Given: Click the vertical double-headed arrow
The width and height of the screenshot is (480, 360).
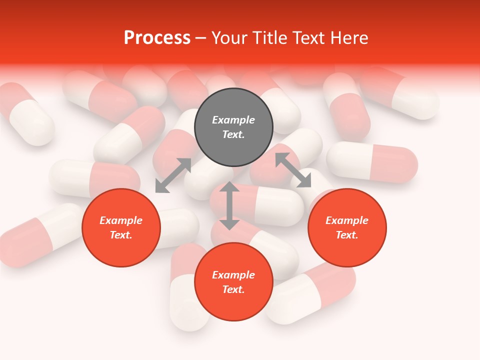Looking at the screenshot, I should click(229, 205).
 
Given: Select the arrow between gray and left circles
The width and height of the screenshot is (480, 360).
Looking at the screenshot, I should click(173, 175).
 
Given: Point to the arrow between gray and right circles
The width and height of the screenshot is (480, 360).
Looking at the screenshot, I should click(293, 170).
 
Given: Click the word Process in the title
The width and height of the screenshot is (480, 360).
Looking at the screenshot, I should click(157, 38).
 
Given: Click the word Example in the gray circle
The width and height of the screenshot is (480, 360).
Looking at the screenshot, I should click(233, 120).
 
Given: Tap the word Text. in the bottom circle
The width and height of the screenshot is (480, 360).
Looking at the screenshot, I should click(233, 289).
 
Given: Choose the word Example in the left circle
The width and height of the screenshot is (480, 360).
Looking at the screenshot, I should click(121, 220).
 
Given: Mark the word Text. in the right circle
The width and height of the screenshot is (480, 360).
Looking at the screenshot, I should click(347, 235).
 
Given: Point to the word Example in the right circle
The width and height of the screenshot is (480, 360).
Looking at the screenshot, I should click(347, 220).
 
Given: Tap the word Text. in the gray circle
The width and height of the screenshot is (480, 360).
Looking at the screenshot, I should click(233, 134).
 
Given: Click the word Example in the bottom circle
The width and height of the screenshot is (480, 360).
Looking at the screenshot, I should click(233, 275).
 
